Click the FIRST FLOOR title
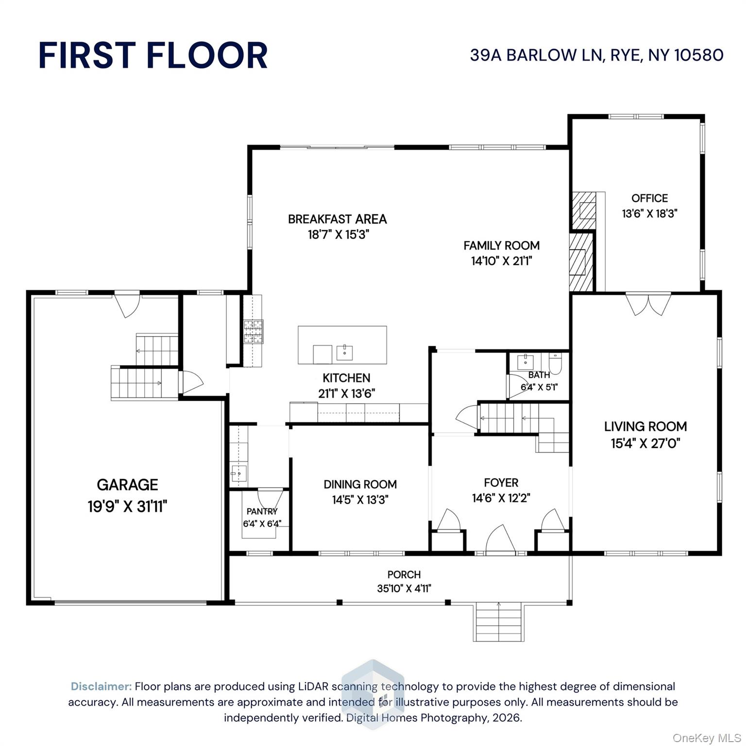153,55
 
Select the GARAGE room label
127,484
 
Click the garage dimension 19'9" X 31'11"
127,507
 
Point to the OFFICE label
649,198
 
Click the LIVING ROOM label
645,426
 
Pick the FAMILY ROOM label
501,246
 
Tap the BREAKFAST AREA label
337,219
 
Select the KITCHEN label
346,378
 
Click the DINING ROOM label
360,484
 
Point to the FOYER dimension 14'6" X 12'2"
501,498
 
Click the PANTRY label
262,511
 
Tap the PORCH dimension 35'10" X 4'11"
404,589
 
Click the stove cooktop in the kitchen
254,332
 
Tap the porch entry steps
498,622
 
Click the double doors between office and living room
648,304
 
